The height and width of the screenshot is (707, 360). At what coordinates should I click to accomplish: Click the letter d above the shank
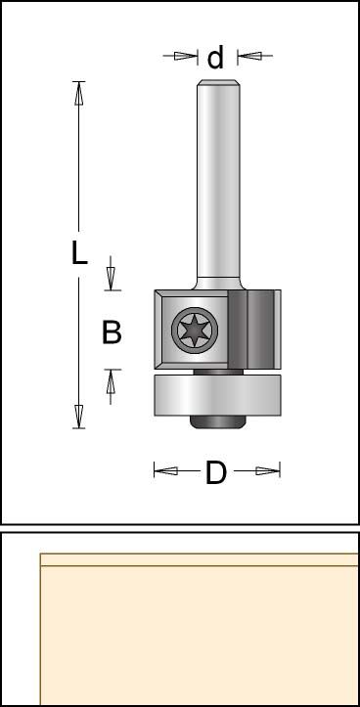point(215,58)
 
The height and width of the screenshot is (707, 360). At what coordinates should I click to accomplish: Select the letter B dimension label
point(112,331)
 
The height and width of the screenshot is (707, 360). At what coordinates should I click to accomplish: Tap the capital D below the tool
point(215,473)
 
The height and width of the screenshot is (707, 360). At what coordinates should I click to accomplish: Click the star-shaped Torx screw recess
point(195,331)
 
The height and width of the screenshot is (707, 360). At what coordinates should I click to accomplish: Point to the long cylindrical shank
point(218,180)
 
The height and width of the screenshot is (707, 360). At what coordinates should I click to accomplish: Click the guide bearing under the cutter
point(217,394)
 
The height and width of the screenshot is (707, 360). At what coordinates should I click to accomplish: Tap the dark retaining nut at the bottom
point(217,421)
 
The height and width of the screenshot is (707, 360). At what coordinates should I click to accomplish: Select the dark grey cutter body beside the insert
point(250,330)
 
